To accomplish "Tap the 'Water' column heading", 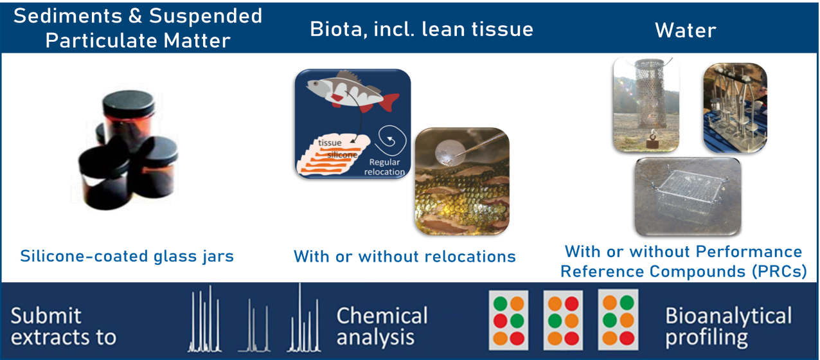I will click(x=685, y=30).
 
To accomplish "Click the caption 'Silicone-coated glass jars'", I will click(x=127, y=256).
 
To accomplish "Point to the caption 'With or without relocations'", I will click(x=404, y=257).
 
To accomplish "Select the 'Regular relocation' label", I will click(x=384, y=167).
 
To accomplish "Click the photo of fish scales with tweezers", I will click(x=462, y=181).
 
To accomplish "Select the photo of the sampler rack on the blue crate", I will click(x=735, y=107).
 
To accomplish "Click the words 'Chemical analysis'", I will click(x=382, y=326).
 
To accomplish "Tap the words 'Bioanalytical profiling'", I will click(x=728, y=326).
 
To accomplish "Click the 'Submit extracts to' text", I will click(x=63, y=326).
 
